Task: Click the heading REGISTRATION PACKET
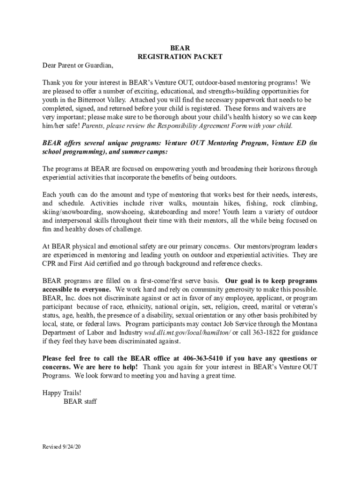[180, 57]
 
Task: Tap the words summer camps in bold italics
[139, 152]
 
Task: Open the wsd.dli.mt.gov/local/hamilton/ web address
[187, 333]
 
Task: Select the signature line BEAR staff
[80, 401]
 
